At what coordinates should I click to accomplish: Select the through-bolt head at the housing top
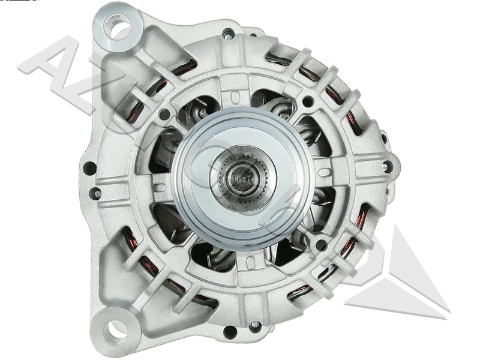228,34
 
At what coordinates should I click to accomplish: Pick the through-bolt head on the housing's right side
387,166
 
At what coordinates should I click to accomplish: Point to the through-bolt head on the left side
95,193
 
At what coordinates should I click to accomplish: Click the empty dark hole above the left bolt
89,169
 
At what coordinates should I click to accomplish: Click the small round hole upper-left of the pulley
164,113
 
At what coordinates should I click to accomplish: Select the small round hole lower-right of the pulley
321,244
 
